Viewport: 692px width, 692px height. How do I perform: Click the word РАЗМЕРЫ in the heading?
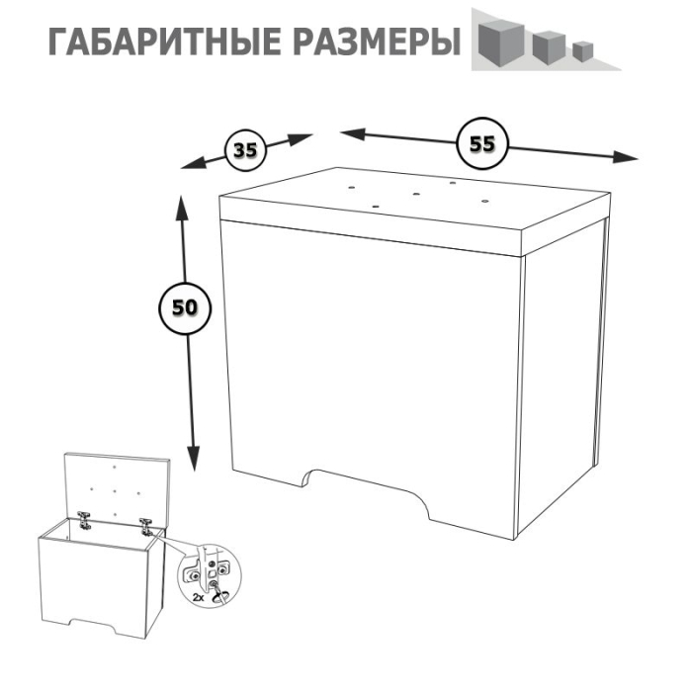[x=378, y=43]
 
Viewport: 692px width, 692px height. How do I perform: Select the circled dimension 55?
[x=481, y=143]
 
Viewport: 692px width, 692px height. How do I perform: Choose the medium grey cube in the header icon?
[x=547, y=45]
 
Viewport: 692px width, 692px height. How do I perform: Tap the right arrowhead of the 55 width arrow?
[x=630, y=157]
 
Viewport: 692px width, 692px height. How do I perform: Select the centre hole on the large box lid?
[x=415, y=193]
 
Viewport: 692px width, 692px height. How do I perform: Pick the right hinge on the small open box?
[x=147, y=524]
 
